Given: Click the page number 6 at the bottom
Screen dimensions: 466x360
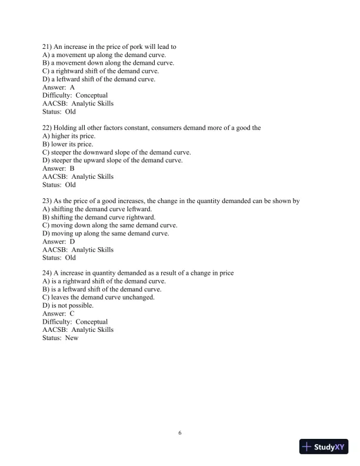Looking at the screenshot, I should click(x=180, y=434).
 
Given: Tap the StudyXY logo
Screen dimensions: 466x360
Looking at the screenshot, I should click(x=324, y=447).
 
